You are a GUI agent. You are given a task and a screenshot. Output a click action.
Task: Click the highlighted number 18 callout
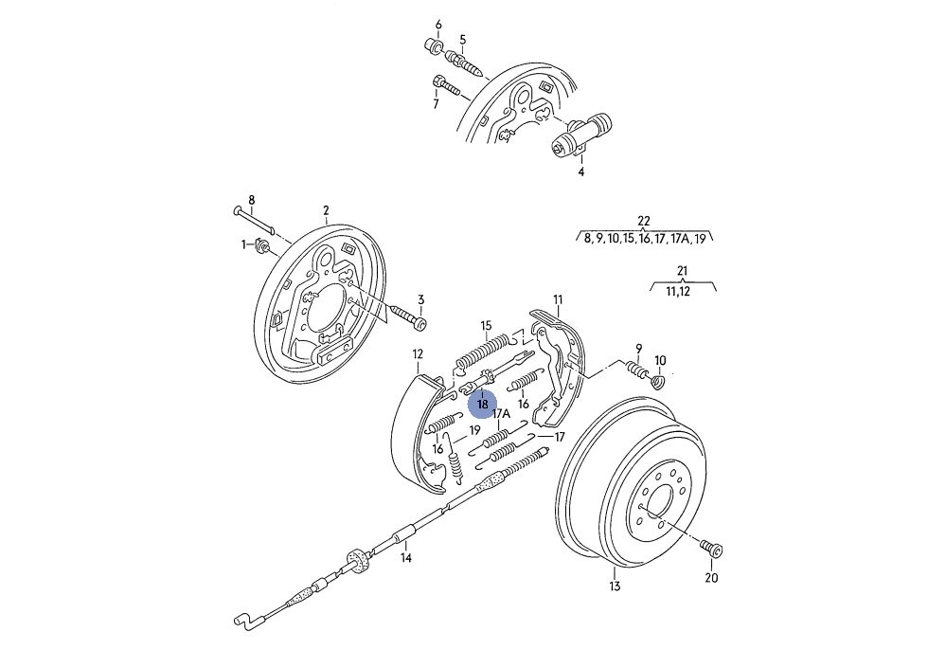tap(483, 404)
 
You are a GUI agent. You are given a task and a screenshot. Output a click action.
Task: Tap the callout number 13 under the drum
tap(615, 587)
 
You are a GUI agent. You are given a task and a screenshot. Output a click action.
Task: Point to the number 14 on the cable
tap(405, 558)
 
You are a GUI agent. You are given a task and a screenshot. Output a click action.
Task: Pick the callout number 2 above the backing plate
tap(326, 211)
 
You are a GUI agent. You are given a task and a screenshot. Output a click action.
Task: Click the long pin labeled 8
tap(253, 218)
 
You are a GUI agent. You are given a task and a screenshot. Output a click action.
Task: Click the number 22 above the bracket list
tap(644, 222)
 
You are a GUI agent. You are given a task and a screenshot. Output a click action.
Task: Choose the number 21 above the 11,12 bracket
tap(683, 272)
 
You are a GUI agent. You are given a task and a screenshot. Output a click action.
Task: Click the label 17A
tap(501, 414)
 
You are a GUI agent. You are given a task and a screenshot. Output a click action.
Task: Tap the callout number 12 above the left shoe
tap(418, 353)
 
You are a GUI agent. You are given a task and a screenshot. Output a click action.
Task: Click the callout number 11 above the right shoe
tap(558, 300)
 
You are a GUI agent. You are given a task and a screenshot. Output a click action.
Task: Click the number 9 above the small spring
tap(639, 349)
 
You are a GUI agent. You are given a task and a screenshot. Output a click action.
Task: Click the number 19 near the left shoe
tap(474, 430)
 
